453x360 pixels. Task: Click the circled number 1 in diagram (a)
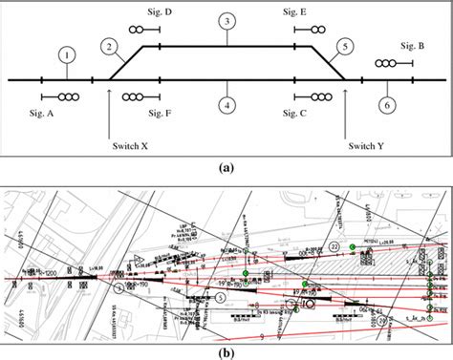tap(66, 56)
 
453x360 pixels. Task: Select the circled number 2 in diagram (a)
tap(111, 45)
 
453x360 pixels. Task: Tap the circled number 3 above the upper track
tap(226, 21)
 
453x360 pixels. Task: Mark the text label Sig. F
tap(162, 113)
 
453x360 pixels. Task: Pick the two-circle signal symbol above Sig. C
tap(318, 96)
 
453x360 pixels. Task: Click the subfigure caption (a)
tap(226, 166)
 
